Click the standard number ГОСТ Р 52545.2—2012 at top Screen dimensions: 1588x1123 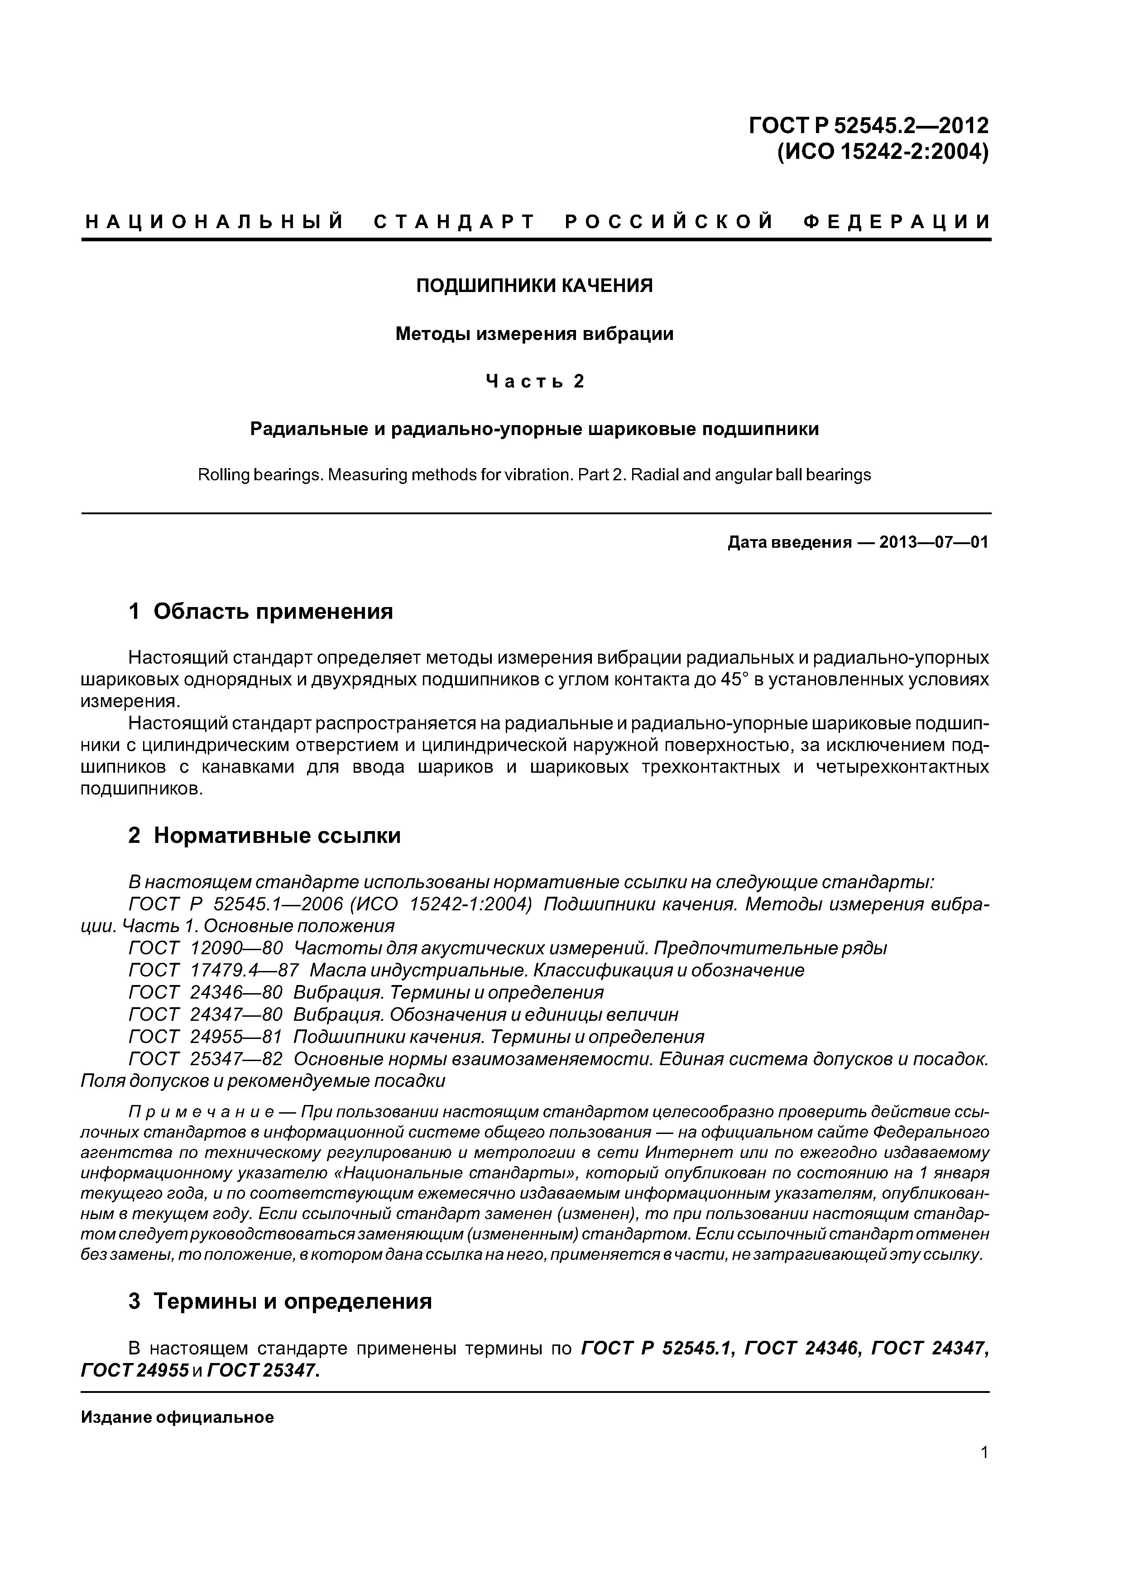click(869, 125)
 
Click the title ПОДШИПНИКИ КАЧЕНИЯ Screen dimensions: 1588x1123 click(534, 286)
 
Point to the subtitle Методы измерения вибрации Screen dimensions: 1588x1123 click(534, 334)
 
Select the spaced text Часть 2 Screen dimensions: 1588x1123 click(534, 381)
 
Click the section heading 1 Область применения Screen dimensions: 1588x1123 click(261, 612)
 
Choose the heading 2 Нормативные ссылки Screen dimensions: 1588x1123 click(264, 836)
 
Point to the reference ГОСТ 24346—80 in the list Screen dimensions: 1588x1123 click(206, 992)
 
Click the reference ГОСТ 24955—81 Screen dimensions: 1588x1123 click(206, 1037)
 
